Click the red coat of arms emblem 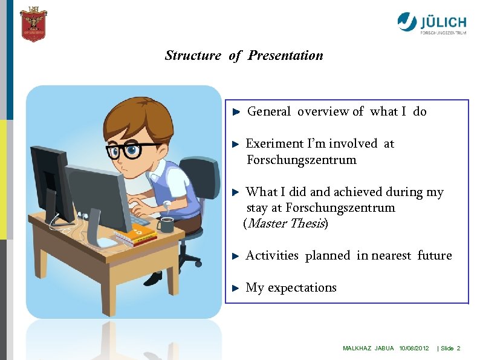[33, 25]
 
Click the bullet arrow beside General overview [237, 112]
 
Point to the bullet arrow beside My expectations [237, 288]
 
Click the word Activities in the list [272, 256]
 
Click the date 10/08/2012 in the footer [414, 349]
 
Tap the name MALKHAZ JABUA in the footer [368, 349]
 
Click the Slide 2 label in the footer [450, 349]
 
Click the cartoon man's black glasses [130, 149]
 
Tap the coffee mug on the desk [165, 224]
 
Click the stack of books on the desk [135, 237]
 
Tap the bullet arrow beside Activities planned [237, 256]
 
